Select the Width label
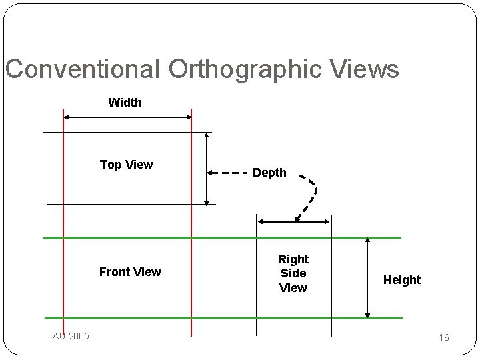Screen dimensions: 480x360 coord(125,103)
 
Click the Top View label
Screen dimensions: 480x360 coord(127,165)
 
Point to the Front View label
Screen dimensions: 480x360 coord(130,271)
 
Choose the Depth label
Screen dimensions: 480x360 coord(269,173)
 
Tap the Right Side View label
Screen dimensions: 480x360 coord(293,273)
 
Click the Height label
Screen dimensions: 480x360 coord(402,280)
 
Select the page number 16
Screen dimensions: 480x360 coord(444,338)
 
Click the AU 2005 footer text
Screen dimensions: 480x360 coord(71,335)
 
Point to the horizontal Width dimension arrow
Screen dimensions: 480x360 coord(127,117)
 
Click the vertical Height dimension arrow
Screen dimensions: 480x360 coord(367,277)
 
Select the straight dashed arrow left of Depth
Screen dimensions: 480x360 coord(227,173)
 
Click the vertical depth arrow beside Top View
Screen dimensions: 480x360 coord(207,168)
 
